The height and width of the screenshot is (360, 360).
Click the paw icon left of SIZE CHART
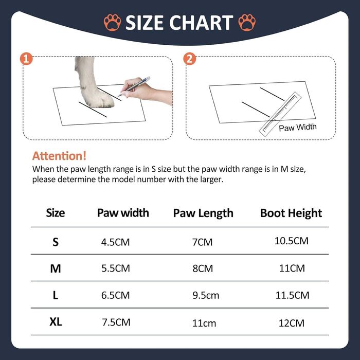point(112,22)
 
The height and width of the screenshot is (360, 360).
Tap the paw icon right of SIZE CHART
point(247,22)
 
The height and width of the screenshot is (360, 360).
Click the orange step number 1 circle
point(26,59)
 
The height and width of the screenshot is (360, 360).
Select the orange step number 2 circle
point(190,59)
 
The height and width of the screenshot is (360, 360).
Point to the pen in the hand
point(134,86)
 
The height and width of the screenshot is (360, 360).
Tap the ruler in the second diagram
point(280,114)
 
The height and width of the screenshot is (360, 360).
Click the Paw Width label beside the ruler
point(298,127)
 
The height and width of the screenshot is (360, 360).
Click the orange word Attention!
point(59,156)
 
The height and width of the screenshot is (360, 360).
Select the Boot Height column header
point(291,213)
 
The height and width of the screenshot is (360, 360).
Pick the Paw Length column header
point(203,213)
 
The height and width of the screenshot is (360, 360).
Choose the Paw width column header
point(123,212)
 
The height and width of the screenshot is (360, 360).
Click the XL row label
point(56,322)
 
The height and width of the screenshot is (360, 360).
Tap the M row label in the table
point(56,268)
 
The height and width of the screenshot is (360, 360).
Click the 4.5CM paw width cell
point(116,242)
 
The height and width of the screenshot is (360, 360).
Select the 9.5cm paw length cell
point(206,295)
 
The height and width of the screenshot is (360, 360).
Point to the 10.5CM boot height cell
point(292,241)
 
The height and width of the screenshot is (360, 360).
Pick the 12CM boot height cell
point(292,323)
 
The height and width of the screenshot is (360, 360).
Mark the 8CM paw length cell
point(203,268)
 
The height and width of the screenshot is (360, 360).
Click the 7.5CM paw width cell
point(116,322)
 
